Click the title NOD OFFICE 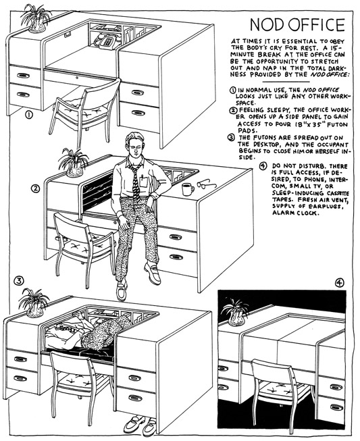(297, 25)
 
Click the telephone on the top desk (105, 41)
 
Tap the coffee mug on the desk (187, 189)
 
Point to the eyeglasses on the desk (207, 184)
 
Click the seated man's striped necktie (135, 182)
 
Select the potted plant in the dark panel (235, 311)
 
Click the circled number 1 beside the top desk (29, 115)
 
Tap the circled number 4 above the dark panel (340, 282)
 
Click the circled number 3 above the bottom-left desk (19, 280)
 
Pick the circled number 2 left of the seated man (35, 188)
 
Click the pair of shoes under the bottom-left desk (140, 425)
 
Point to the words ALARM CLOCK (292, 213)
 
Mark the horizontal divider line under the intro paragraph (286, 82)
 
